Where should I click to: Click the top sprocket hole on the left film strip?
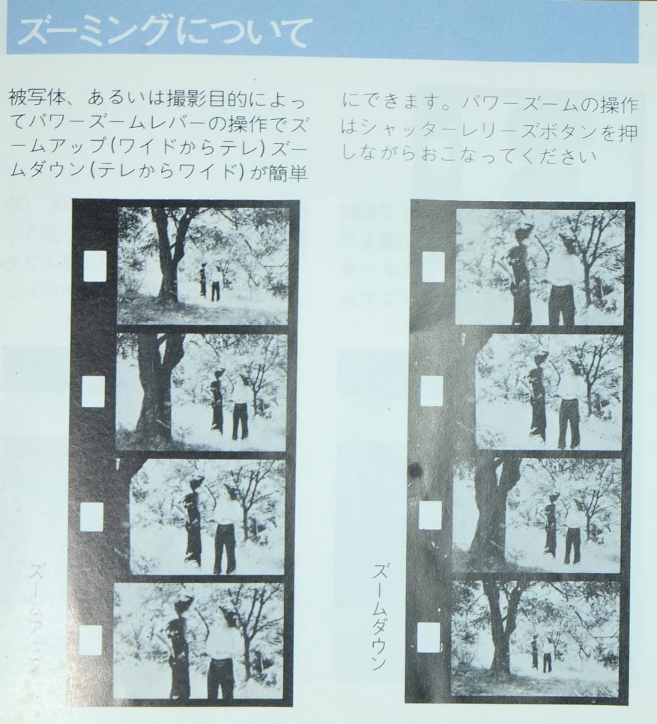click(x=94, y=266)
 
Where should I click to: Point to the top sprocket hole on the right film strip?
click(x=433, y=267)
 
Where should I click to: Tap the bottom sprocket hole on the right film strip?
click(x=429, y=638)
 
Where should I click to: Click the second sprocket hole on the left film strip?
click(x=93, y=391)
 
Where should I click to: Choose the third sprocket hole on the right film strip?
click(x=430, y=515)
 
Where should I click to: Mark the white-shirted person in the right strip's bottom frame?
click(x=547, y=654)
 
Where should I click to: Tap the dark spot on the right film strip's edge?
click(x=416, y=470)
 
